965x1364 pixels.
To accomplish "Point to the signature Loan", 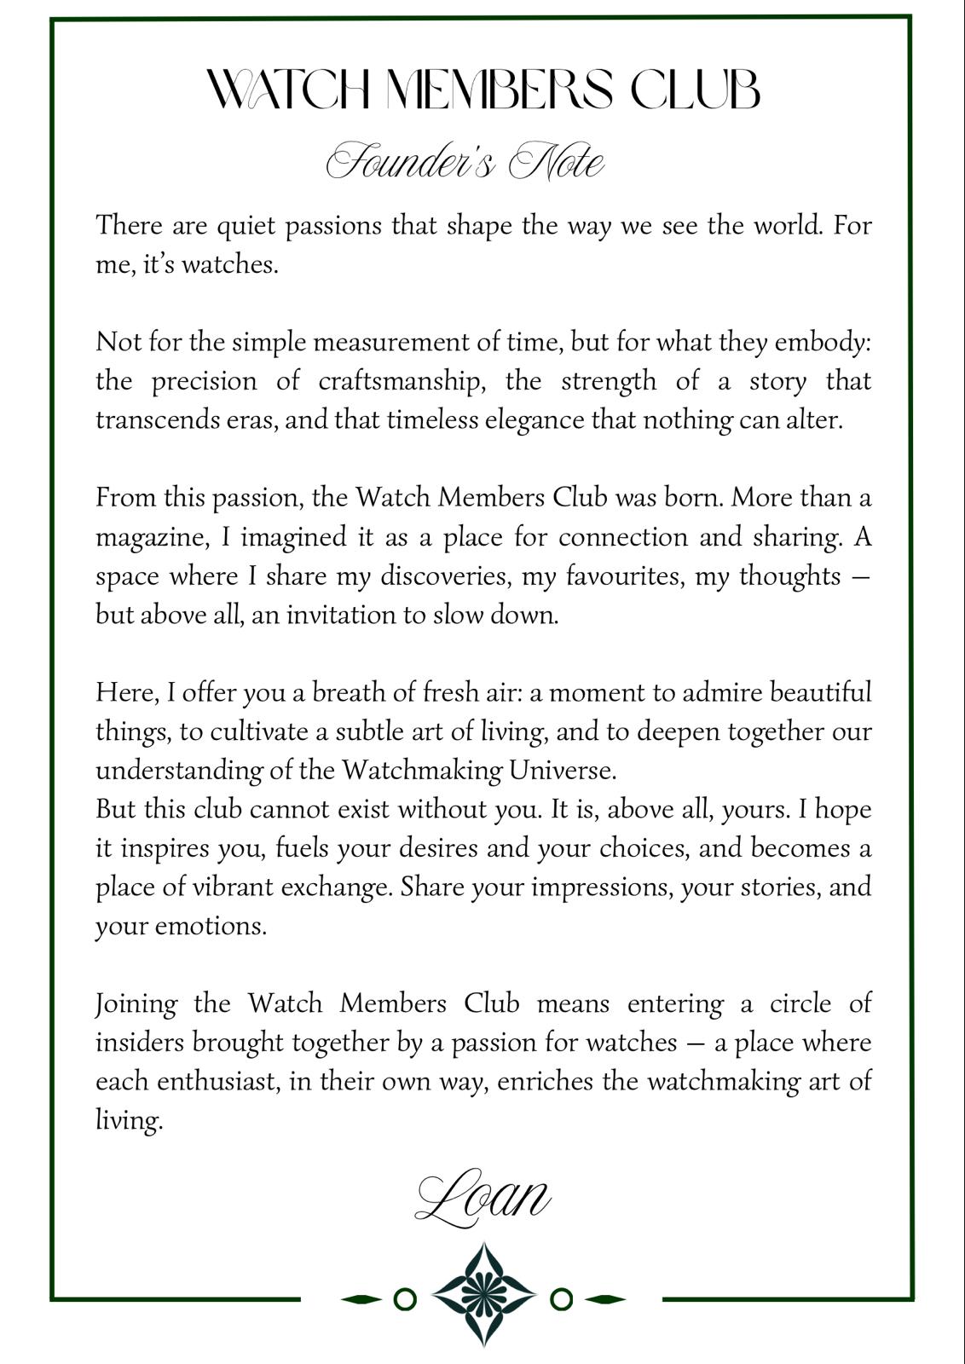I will coord(482,1197).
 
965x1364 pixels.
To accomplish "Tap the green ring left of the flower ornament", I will coord(406,1299).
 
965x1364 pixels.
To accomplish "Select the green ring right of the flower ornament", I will coord(561,1299).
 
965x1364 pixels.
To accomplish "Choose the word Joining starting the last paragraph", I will coord(136,1004).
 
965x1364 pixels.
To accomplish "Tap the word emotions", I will coord(210,926).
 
